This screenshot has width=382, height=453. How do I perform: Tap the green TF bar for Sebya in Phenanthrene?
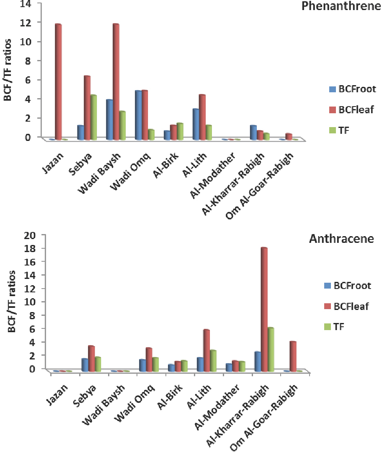(x=94, y=117)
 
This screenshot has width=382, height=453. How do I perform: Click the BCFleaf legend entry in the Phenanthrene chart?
(x=350, y=110)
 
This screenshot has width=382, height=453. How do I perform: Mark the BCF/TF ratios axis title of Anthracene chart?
(x=12, y=301)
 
